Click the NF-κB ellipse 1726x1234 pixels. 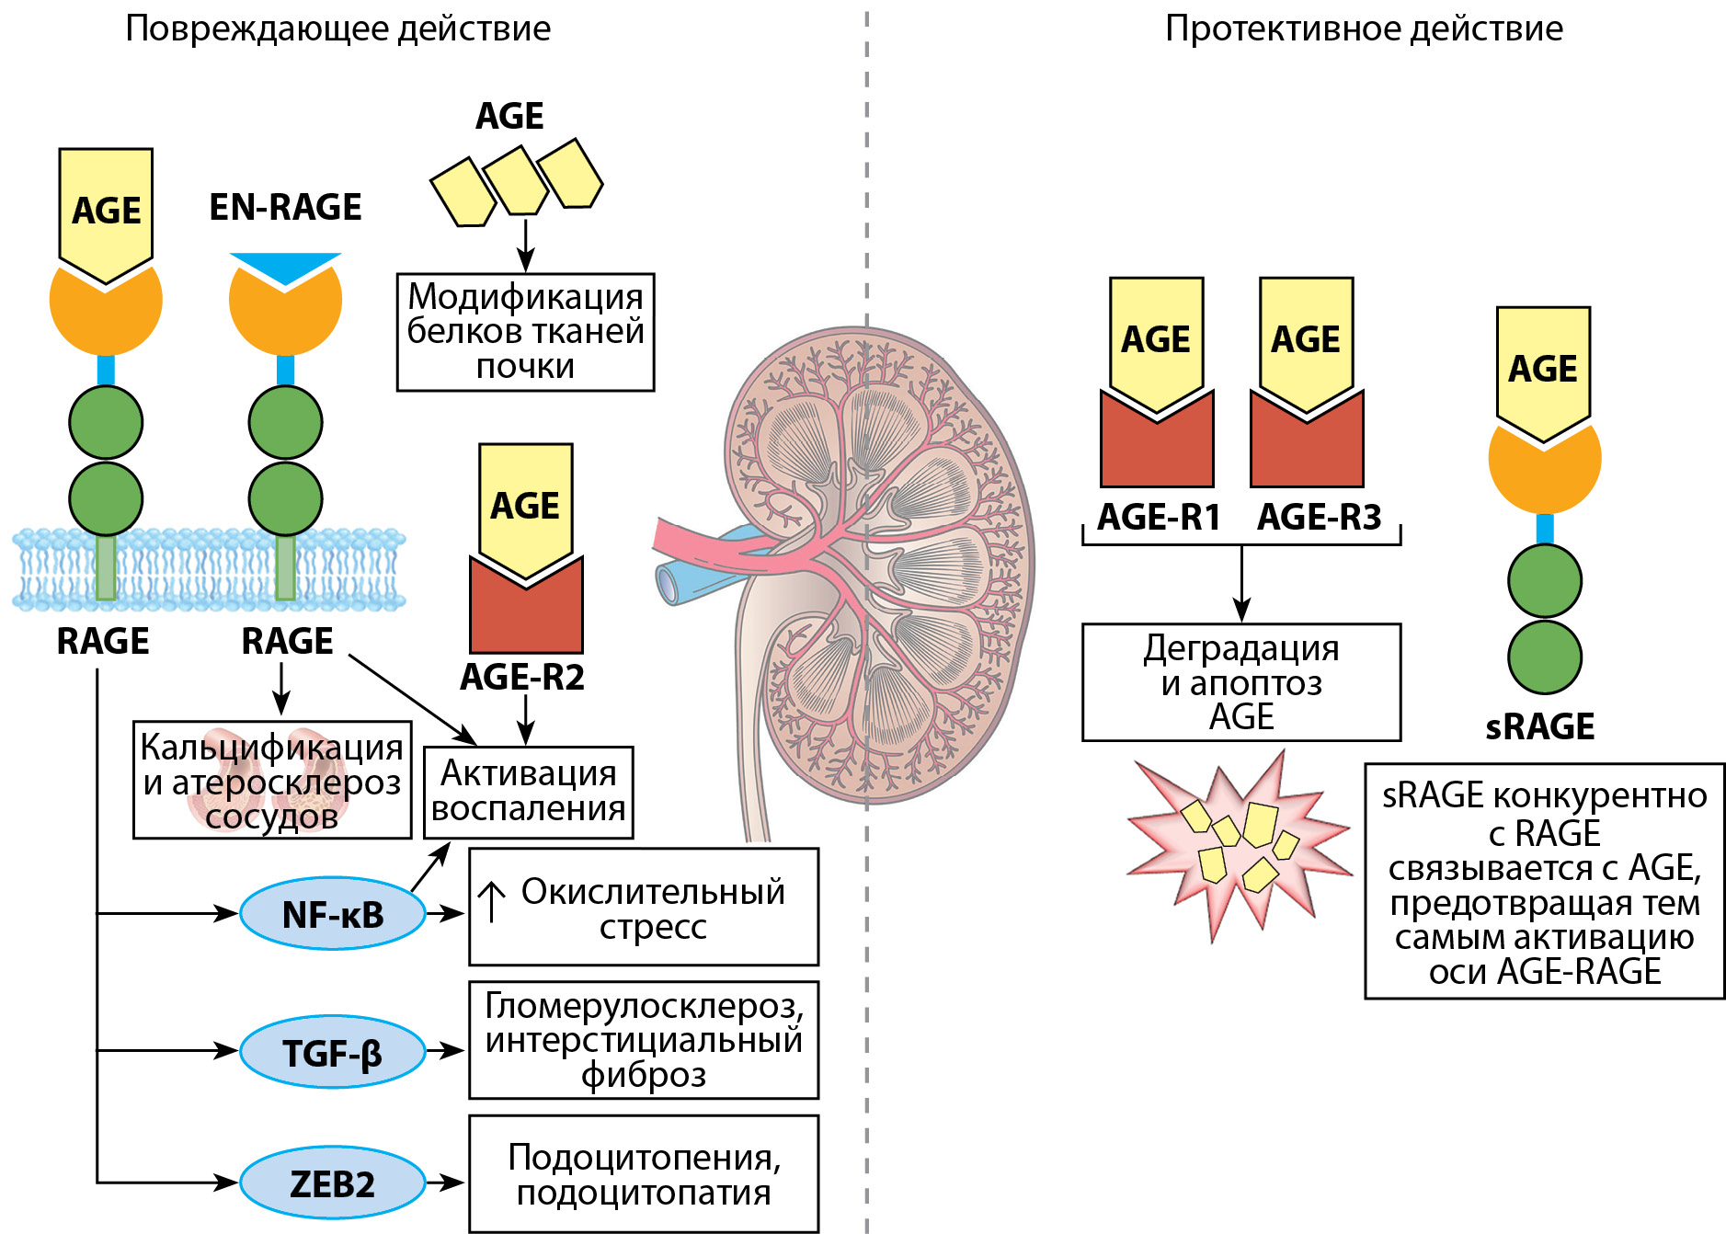point(332,914)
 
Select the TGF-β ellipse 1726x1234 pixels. point(332,1052)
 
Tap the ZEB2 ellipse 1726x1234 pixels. point(332,1183)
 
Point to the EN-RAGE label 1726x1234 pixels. point(285,207)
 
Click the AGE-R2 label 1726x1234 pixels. point(522,678)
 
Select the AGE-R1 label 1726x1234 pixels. point(1159,517)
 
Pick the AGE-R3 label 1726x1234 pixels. point(1319,517)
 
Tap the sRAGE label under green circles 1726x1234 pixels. point(1540,726)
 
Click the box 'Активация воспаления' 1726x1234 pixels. point(528,792)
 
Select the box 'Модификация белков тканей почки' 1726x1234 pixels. point(525,332)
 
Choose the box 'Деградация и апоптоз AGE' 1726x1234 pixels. point(1240,682)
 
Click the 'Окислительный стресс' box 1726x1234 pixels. point(644,907)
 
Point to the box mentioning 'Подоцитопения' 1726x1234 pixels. point(644,1174)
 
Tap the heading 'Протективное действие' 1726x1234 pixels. point(1364,29)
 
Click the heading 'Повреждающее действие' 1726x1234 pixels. point(337,29)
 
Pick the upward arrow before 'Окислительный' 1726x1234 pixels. point(492,901)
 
